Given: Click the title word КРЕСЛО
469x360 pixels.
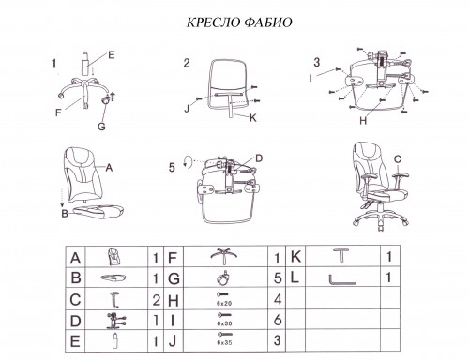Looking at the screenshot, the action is point(213,22).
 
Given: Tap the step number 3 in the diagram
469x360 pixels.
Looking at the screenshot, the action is point(317,62).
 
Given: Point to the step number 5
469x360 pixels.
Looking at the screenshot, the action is point(172,168).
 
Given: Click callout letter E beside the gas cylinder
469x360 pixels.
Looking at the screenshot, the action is point(112,55).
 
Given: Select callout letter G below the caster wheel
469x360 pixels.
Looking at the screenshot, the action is point(101,127).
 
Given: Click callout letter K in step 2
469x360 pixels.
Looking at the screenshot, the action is point(252,118).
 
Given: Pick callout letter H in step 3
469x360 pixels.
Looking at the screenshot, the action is point(363,121).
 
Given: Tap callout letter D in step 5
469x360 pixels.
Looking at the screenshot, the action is point(259,158).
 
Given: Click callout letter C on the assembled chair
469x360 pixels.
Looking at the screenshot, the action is point(398,159).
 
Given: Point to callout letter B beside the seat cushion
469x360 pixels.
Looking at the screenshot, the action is point(65,214).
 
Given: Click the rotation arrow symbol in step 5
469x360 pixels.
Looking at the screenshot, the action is point(188,161).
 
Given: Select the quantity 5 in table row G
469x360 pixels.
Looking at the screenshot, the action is point(278,278).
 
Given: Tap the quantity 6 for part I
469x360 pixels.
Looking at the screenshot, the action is point(278,321).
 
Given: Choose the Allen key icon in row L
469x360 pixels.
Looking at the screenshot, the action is point(342,279).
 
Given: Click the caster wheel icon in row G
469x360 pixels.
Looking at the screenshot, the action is point(223,277).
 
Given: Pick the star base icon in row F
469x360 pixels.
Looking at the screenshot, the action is point(223,256).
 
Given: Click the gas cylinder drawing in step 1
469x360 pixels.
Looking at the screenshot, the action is point(85,63).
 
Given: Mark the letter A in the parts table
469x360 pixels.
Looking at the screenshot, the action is point(75,258).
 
